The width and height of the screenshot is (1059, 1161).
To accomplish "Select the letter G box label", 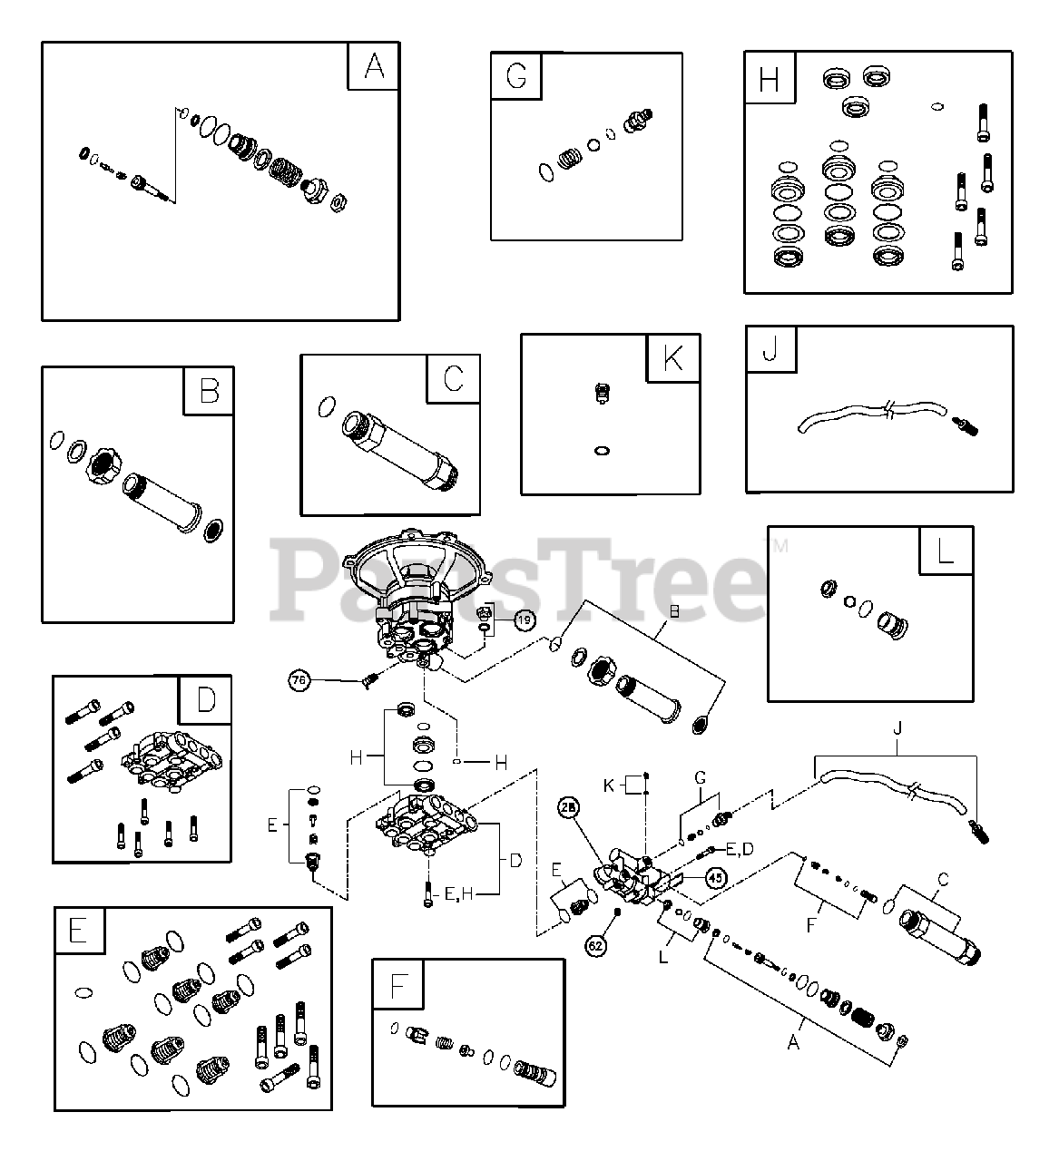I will pos(515,76).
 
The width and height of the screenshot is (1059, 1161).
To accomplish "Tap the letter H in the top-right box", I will pos(769,79).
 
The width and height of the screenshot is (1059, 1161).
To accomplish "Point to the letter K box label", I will pos(672,358).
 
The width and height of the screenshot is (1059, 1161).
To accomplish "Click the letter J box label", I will pos(770,350).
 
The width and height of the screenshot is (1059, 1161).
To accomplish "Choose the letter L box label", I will pos(945,550).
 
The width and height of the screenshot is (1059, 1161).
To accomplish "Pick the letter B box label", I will pos(209,391).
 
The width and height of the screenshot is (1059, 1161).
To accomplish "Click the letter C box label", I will pos(454,378).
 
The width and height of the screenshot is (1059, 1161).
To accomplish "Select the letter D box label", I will pos(206,700).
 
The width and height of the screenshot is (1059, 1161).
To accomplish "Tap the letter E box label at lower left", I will pos(79,930).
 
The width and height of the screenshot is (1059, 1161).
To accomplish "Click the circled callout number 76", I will pos(299,679).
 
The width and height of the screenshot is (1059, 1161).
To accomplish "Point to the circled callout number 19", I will pos(525,620).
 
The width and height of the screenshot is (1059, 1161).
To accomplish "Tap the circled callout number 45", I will pos(716,877).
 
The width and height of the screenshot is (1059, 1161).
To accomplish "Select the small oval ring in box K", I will pos(599,450).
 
